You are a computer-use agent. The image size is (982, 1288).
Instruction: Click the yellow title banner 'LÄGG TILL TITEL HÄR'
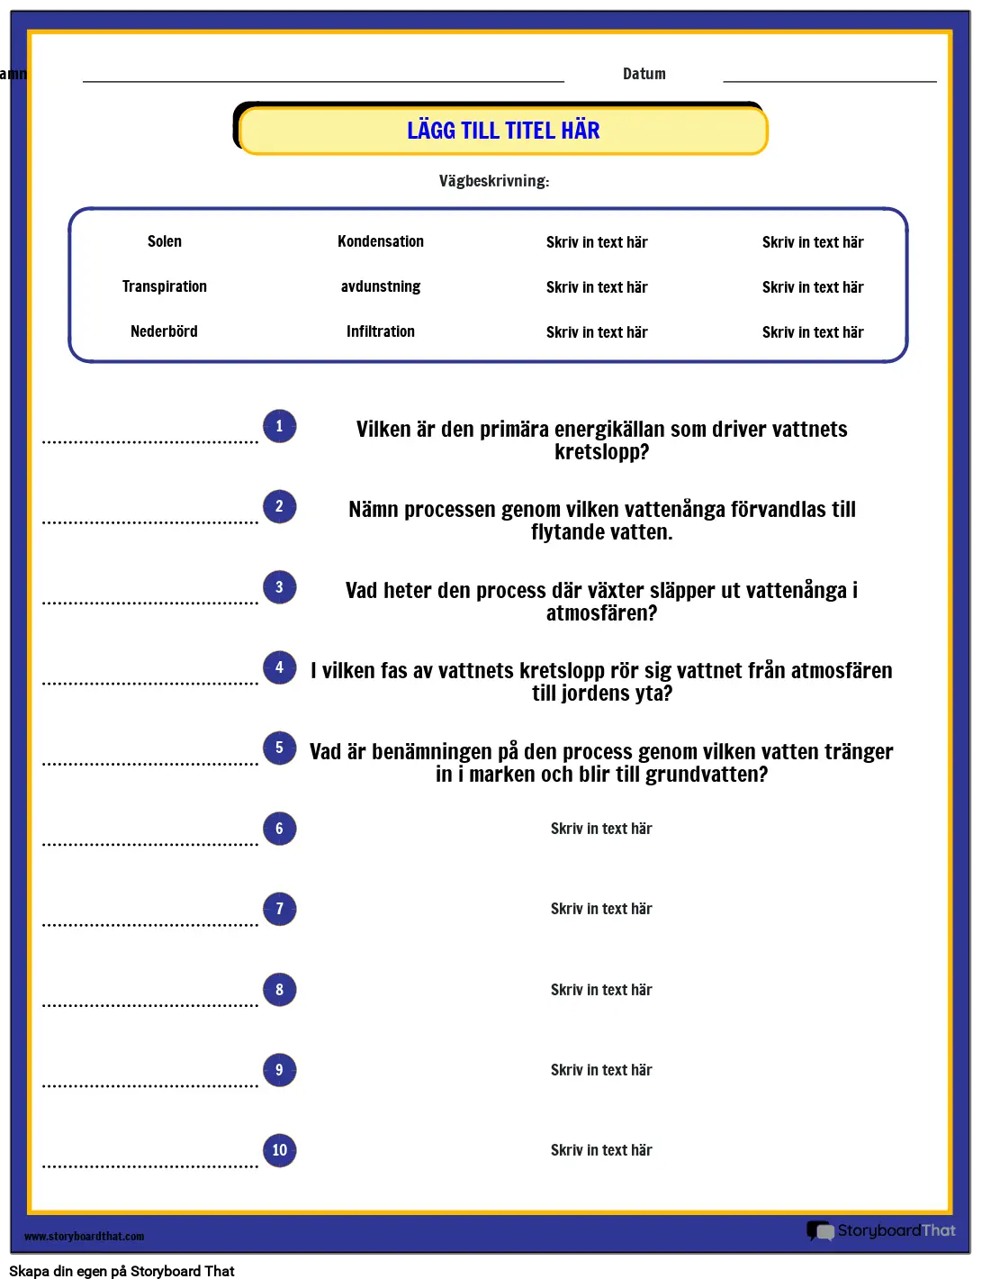click(x=503, y=132)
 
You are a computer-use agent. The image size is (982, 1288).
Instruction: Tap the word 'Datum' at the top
click(x=644, y=74)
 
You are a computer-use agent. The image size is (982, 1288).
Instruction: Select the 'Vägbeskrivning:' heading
click(x=494, y=181)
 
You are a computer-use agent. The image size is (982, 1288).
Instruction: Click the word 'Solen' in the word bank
click(x=165, y=241)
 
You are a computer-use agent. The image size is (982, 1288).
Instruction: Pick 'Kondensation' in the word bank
click(x=381, y=241)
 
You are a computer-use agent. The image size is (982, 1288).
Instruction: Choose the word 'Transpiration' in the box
click(x=165, y=286)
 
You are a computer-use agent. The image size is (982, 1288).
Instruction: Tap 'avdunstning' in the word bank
click(x=381, y=286)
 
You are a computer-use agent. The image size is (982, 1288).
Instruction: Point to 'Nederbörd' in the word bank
click(x=164, y=331)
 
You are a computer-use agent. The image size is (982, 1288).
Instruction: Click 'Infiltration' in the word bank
click(x=381, y=331)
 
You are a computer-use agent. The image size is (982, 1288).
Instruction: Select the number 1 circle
click(x=279, y=426)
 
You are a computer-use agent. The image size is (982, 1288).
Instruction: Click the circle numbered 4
click(x=279, y=667)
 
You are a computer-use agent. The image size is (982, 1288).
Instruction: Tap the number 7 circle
click(x=279, y=909)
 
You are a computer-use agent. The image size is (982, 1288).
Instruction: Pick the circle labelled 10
click(x=279, y=1150)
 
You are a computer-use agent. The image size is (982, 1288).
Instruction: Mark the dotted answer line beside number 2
click(x=150, y=522)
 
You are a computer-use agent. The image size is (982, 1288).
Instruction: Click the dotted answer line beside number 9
click(x=150, y=1085)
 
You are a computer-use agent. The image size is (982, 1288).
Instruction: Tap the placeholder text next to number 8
click(x=601, y=990)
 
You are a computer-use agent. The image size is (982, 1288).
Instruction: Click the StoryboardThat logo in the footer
click(x=881, y=1230)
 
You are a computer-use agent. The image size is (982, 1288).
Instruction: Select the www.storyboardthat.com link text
click(x=85, y=1237)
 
